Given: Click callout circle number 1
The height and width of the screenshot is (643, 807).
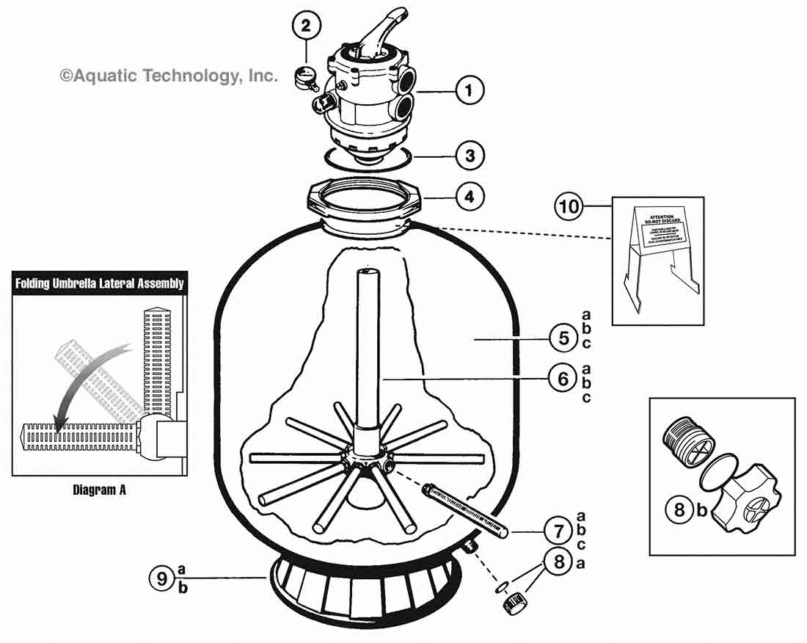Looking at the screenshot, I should click(470, 92).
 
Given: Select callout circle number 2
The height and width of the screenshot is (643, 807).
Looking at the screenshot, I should click(307, 26).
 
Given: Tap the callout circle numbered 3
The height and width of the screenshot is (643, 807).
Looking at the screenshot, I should click(470, 156).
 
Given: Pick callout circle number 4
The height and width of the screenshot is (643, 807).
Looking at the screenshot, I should click(470, 197).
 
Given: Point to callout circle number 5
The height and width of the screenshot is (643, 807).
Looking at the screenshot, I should click(563, 338).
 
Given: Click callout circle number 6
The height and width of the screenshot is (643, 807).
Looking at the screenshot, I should click(563, 379).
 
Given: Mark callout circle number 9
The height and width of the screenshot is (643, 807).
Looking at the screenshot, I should click(163, 578).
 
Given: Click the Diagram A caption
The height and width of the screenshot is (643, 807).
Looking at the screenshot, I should click(99, 490).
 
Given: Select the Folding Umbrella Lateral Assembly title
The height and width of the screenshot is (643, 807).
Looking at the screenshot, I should click(100, 283).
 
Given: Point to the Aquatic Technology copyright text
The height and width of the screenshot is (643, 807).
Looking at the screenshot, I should click(169, 75).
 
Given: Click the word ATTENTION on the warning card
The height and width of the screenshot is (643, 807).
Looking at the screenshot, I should click(657, 209).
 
